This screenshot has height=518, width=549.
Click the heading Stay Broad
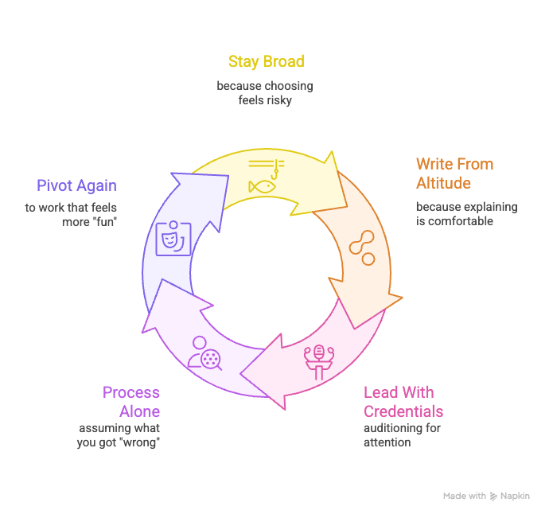(x=266, y=61)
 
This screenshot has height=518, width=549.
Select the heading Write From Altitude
(x=454, y=173)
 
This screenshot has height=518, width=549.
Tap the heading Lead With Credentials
(x=403, y=402)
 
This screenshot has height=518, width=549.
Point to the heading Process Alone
(x=130, y=402)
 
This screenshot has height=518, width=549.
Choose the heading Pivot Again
(x=76, y=185)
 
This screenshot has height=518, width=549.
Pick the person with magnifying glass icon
(x=204, y=354)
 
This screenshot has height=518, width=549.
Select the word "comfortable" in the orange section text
(x=460, y=220)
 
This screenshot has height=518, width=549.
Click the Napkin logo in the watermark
(x=496, y=496)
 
